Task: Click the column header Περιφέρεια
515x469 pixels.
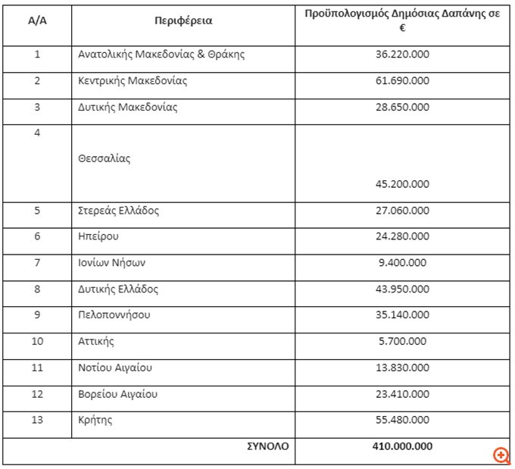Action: point(183,21)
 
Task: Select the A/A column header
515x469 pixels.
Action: point(37,21)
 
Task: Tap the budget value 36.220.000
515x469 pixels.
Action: point(402,55)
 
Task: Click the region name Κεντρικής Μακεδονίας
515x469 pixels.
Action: point(133,81)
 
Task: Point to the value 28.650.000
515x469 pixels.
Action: point(402,108)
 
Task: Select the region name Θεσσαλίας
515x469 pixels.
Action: point(105,159)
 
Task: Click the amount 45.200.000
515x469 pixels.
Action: point(402,184)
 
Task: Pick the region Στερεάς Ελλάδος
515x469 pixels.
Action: point(119,211)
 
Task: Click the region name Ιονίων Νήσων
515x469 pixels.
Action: point(111,263)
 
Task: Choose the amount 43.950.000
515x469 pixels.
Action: point(402,289)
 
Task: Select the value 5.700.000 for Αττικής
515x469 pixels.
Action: point(402,342)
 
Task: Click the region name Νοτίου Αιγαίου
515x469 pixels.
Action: point(115,367)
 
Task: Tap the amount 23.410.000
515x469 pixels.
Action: point(402,394)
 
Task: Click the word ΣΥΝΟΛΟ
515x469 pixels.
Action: point(268,446)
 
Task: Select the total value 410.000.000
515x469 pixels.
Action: point(402,446)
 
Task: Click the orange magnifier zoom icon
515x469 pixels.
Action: point(501,455)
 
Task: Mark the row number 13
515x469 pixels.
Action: point(37,420)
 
